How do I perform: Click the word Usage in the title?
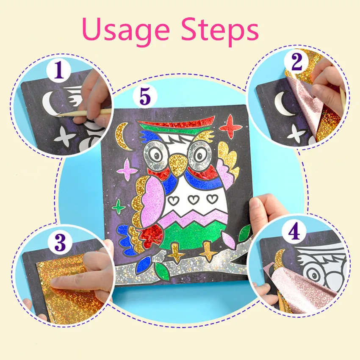125,30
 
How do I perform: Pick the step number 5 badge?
144,97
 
